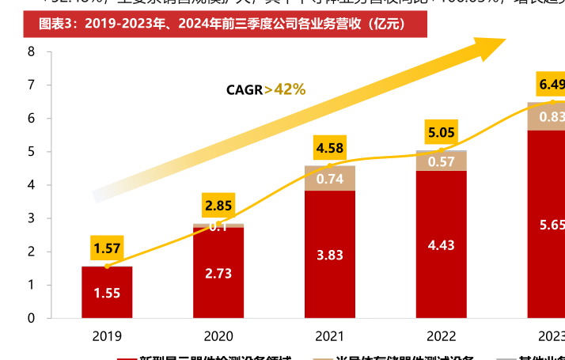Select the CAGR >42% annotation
(x=265, y=89)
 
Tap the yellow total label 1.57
(x=107, y=248)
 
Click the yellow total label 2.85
(x=218, y=206)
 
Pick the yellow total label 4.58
(x=329, y=148)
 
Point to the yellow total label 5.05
(x=441, y=132)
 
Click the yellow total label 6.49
(x=551, y=85)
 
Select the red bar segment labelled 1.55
(x=107, y=293)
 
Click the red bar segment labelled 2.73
(x=218, y=273)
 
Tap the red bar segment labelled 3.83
(x=329, y=255)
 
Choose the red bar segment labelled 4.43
(x=441, y=244)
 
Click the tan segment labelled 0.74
(x=329, y=179)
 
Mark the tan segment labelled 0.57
(x=441, y=161)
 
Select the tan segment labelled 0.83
(x=551, y=117)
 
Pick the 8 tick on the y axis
(x=31, y=51)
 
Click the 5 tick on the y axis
(x=31, y=152)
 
